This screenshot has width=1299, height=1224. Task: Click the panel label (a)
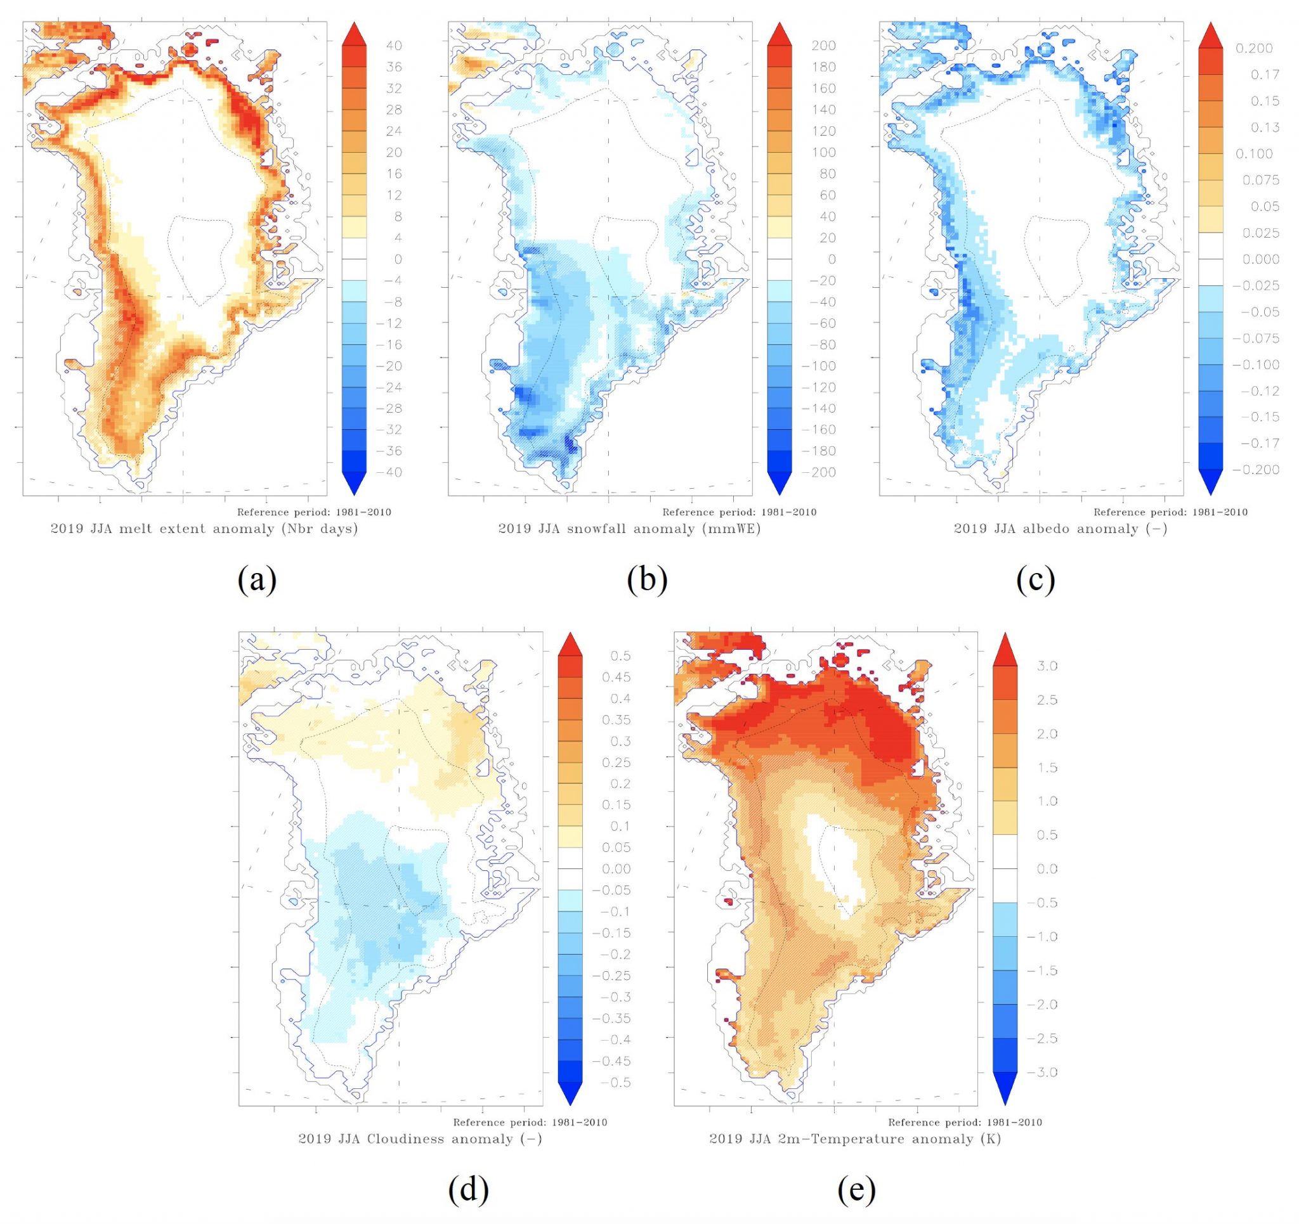pyautogui.click(x=257, y=579)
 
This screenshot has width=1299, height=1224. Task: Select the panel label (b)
pyautogui.click(x=647, y=579)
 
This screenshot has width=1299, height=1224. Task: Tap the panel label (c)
pyautogui.click(x=1036, y=579)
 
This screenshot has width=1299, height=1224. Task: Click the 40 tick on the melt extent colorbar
pyautogui.click(x=394, y=46)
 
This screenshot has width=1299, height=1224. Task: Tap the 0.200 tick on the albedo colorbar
pyautogui.click(x=1254, y=48)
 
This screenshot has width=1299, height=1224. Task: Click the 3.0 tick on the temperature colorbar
pyautogui.click(x=1047, y=666)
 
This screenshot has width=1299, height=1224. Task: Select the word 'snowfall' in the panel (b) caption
pyautogui.click(x=577, y=529)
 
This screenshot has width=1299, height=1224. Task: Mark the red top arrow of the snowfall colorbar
pyautogui.click(x=779, y=34)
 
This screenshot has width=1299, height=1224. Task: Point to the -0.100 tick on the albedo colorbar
pyautogui.click(x=1255, y=364)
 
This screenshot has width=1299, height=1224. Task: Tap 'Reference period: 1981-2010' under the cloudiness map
pyautogui.click(x=530, y=1122)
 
